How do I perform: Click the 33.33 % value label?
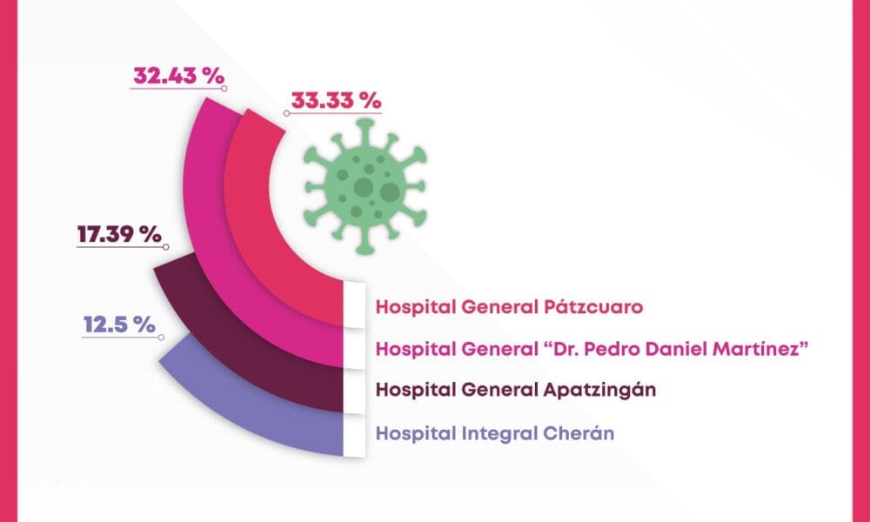click(x=336, y=100)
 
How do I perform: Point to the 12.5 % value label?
click(x=118, y=325)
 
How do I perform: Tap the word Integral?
click(x=490, y=431)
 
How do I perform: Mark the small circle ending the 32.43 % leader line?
click(x=224, y=88)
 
